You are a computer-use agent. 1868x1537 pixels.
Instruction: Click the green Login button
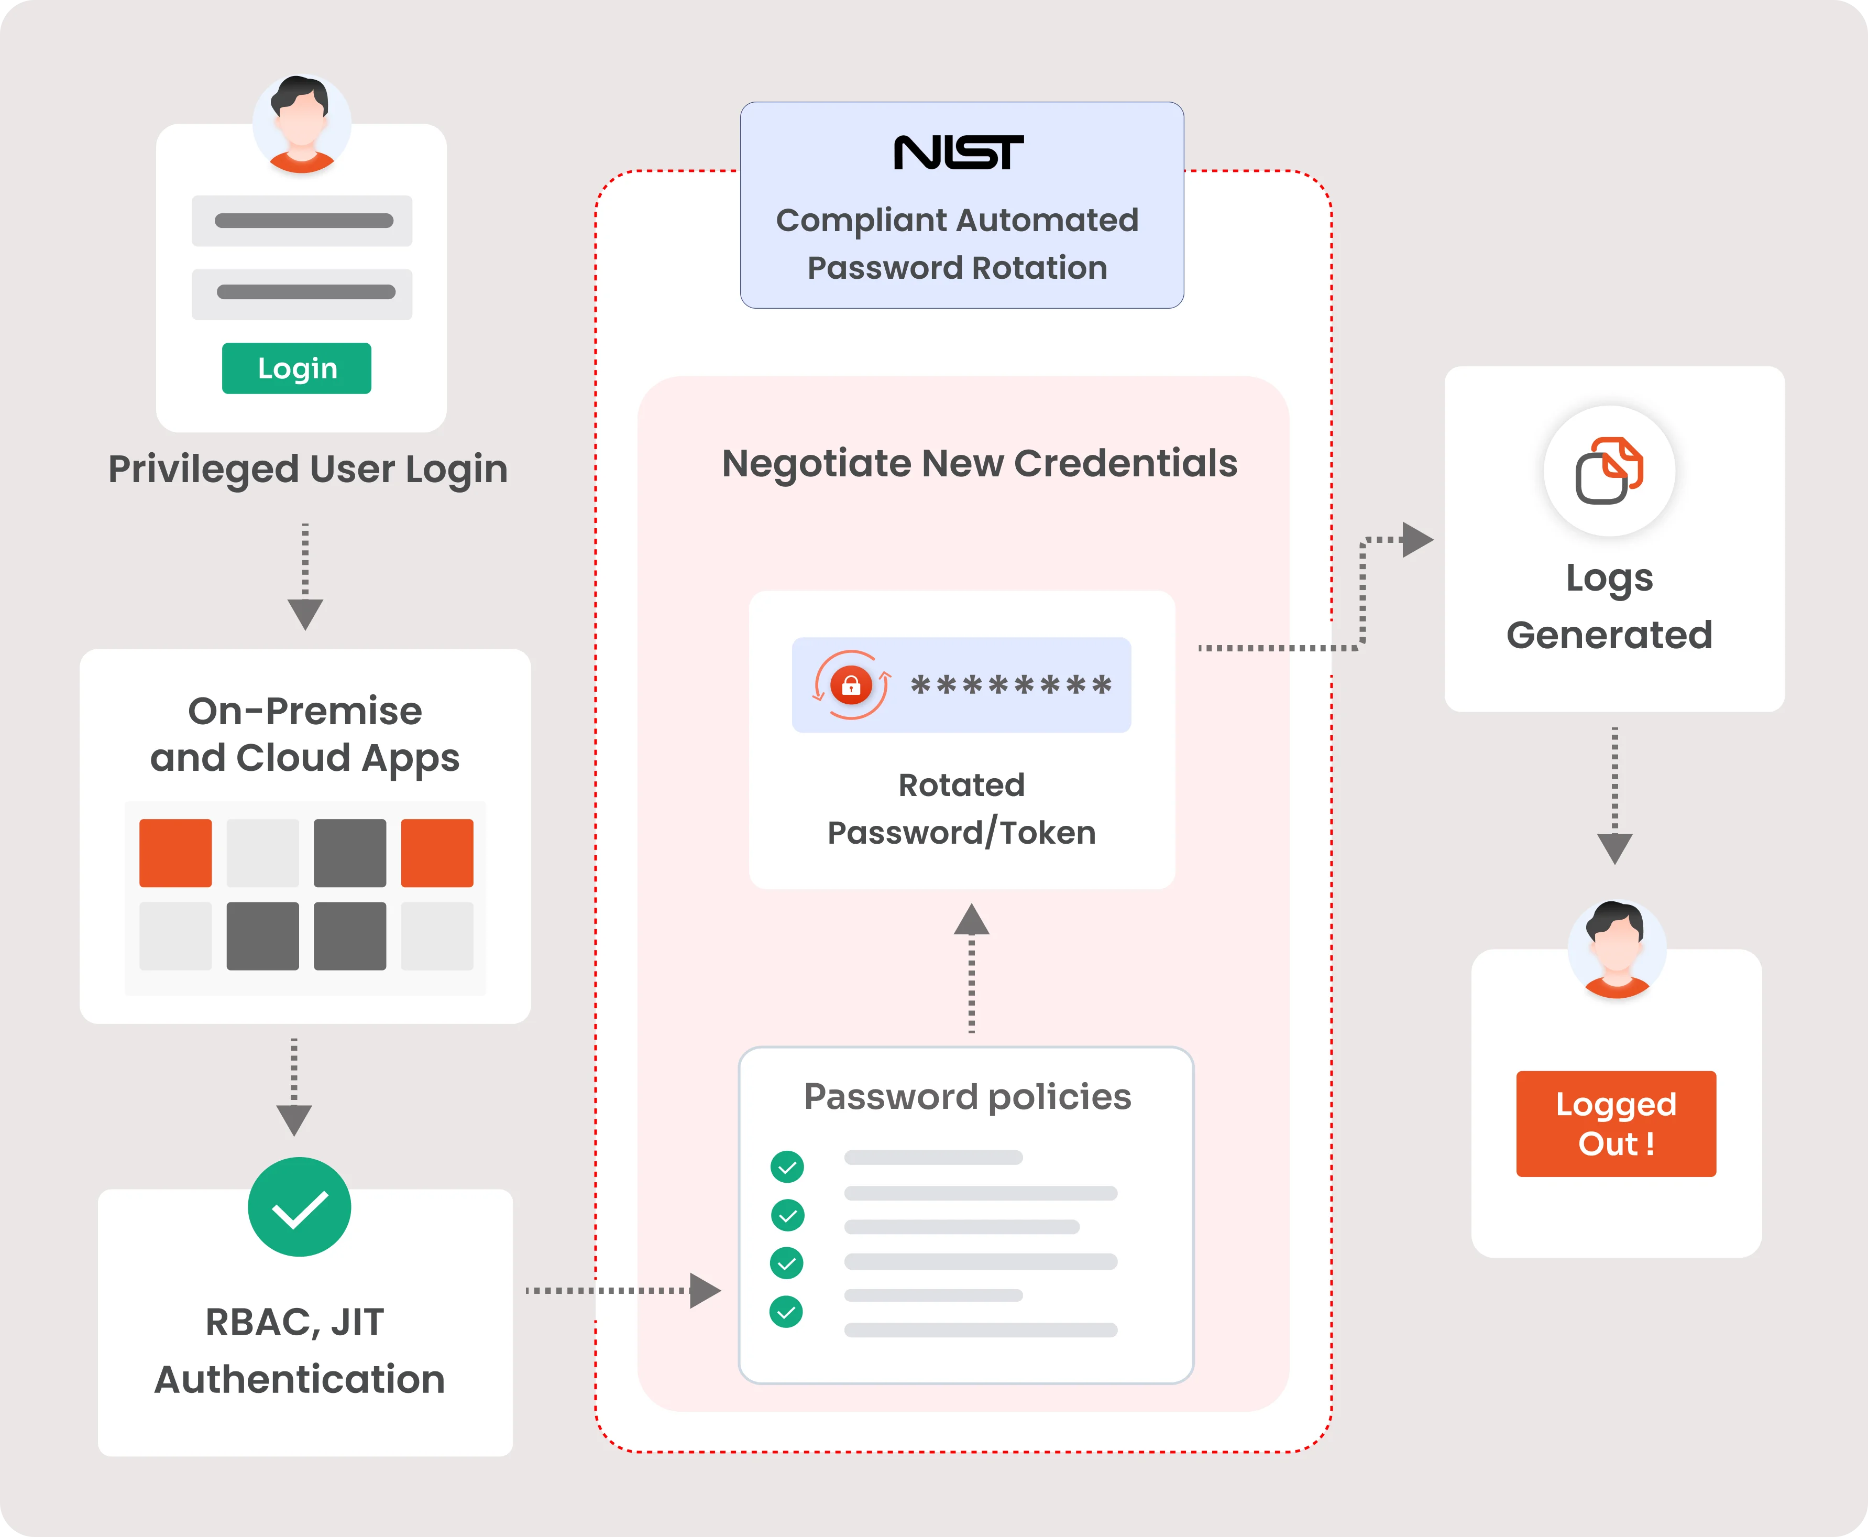(x=296, y=368)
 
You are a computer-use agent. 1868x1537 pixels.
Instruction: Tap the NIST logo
(x=958, y=153)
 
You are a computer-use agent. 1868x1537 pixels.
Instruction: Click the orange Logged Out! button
(x=1616, y=1124)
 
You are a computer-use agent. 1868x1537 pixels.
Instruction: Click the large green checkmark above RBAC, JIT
(x=299, y=1207)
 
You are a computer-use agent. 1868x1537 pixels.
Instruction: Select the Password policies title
(x=967, y=1097)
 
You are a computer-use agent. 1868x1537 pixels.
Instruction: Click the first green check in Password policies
(x=787, y=1167)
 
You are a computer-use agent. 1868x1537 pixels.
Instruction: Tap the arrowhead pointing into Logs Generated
(x=1416, y=539)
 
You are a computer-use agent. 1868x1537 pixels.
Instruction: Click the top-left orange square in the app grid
(x=175, y=853)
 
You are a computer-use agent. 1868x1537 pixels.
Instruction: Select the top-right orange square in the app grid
(x=437, y=853)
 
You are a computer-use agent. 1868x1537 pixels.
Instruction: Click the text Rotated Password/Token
(x=962, y=809)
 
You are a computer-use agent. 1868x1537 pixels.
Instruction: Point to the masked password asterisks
(x=1010, y=685)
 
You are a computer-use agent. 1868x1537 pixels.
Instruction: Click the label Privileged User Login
(x=308, y=469)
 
